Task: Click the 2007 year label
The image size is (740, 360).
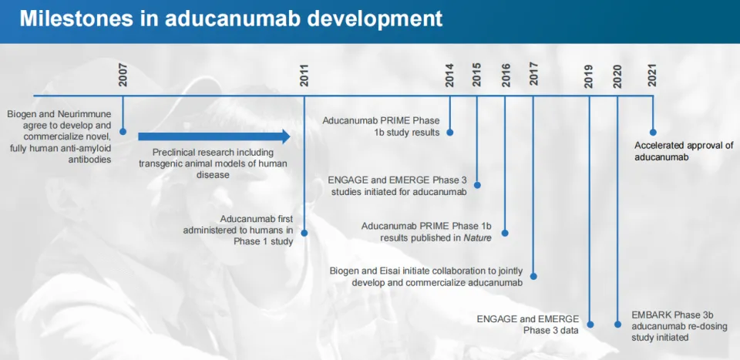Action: pyautogui.click(x=123, y=75)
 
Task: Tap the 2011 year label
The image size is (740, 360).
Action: pyautogui.click(x=305, y=75)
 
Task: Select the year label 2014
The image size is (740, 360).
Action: pyautogui.click(x=449, y=75)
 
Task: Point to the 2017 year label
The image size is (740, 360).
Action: pyautogui.click(x=533, y=75)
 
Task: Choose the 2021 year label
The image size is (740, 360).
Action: pyautogui.click(x=653, y=75)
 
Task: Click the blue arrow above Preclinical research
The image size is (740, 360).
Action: pyautogui.click(x=214, y=136)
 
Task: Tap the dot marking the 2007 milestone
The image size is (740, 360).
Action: pyautogui.click(x=123, y=132)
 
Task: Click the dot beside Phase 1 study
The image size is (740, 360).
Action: pyautogui.click(x=304, y=233)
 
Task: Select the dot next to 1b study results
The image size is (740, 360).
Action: pyautogui.click(x=449, y=132)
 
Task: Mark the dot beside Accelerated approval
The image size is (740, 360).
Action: pyautogui.click(x=653, y=133)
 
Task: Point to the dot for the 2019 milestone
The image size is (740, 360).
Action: pyautogui.click(x=590, y=324)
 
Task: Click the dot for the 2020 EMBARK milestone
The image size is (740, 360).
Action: pyautogui.click(x=617, y=324)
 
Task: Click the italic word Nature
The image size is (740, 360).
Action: pyautogui.click(x=477, y=238)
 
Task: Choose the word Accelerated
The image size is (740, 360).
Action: pyautogui.click(x=656, y=146)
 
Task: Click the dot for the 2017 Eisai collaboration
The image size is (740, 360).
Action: pyautogui.click(x=533, y=276)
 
